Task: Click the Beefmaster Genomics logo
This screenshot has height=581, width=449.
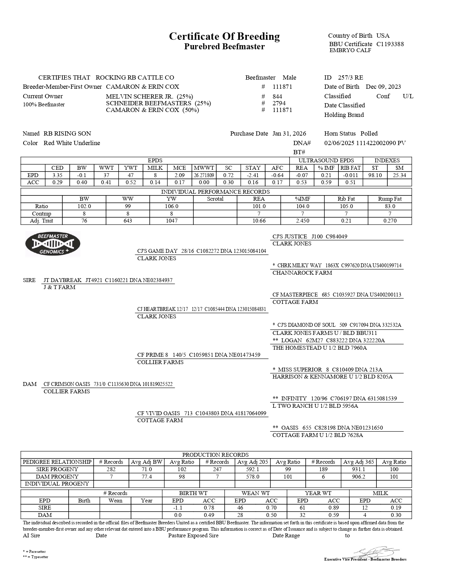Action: click(x=53, y=244)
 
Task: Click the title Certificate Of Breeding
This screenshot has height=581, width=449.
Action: click(x=224, y=36)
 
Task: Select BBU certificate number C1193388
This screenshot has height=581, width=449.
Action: click(x=390, y=44)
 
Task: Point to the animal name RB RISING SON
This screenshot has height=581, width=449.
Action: click(x=67, y=133)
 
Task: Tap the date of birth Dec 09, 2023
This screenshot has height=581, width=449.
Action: click(x=383, y=87)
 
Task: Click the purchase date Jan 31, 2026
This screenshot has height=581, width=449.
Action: click(x=289, y=133)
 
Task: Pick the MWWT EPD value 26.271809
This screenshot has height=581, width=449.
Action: click(x=204, y=175)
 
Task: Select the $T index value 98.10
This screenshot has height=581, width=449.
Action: click(x=375, y=175)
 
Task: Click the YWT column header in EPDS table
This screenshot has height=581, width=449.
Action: click(x=131, y=168)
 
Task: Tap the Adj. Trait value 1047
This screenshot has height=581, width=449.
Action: click(x=172, y=221)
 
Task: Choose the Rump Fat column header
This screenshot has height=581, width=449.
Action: click(x=390, y=199)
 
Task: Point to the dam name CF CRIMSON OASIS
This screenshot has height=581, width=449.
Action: click(x=67, y=384)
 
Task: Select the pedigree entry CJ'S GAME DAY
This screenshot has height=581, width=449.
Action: click(x=157, y=251)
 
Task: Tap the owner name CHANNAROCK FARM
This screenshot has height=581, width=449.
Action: click(x=302, y=273)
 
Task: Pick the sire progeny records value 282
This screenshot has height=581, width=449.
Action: click(x=111, y=469)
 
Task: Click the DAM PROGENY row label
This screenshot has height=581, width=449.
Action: click(x=57, y=477)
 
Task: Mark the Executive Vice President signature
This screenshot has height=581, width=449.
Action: click(x=375, y=552)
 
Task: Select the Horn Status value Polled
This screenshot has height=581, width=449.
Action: click(x=369, y=133)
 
